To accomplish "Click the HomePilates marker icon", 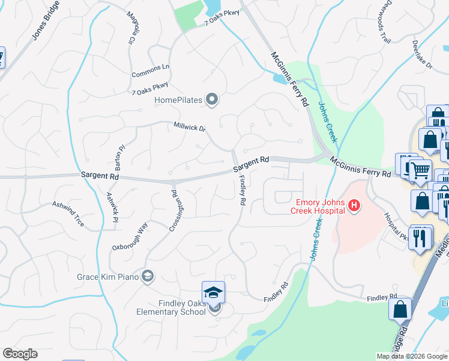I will [211, 100].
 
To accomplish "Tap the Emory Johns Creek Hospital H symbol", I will [354, 206].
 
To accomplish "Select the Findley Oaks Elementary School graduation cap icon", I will [213, 293].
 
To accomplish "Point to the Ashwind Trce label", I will [68, 214].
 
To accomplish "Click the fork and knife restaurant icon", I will [420, 236].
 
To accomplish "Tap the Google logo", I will [20, 354].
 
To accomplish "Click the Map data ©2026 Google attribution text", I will [412, 356].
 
